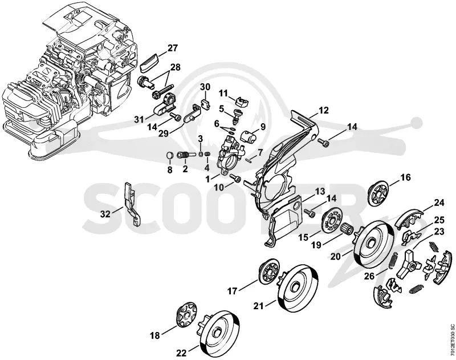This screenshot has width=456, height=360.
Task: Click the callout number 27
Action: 172,48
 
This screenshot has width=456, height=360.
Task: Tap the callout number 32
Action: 105,215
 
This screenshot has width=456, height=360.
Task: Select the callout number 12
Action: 323,111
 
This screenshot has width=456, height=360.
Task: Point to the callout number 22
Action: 181,353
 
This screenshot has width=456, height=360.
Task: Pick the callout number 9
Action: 263,127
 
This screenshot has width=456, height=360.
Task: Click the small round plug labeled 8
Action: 170,155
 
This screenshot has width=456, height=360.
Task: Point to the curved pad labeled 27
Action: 150,62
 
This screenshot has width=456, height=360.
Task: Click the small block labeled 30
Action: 206,104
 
